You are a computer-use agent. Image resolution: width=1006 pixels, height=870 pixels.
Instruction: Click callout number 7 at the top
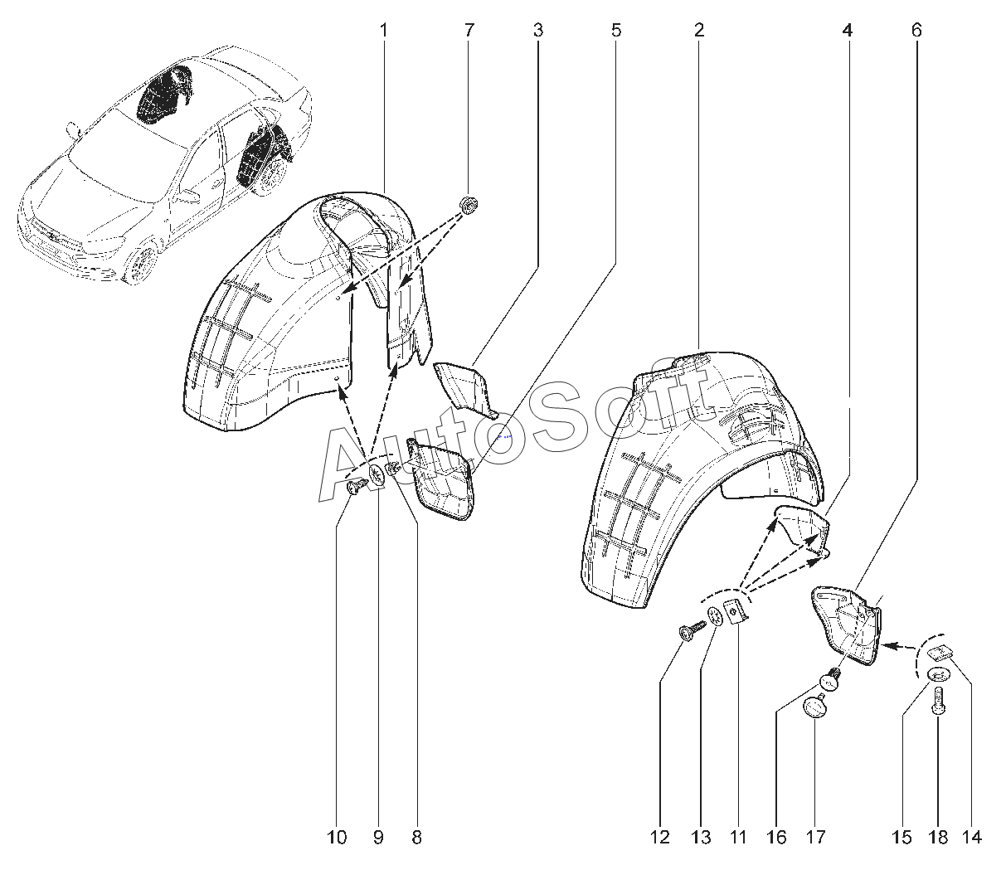pos(469,31)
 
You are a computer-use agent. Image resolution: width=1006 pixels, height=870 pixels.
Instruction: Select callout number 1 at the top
pos(384,31)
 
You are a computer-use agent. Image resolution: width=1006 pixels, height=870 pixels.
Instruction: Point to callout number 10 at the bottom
pos(337,838)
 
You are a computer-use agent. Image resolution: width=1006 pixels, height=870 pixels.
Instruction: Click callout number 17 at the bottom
pos(815,838)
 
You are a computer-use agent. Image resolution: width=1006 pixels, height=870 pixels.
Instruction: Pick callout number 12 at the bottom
pos(660,838)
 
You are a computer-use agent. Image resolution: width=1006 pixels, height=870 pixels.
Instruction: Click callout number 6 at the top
pos(916,31)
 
